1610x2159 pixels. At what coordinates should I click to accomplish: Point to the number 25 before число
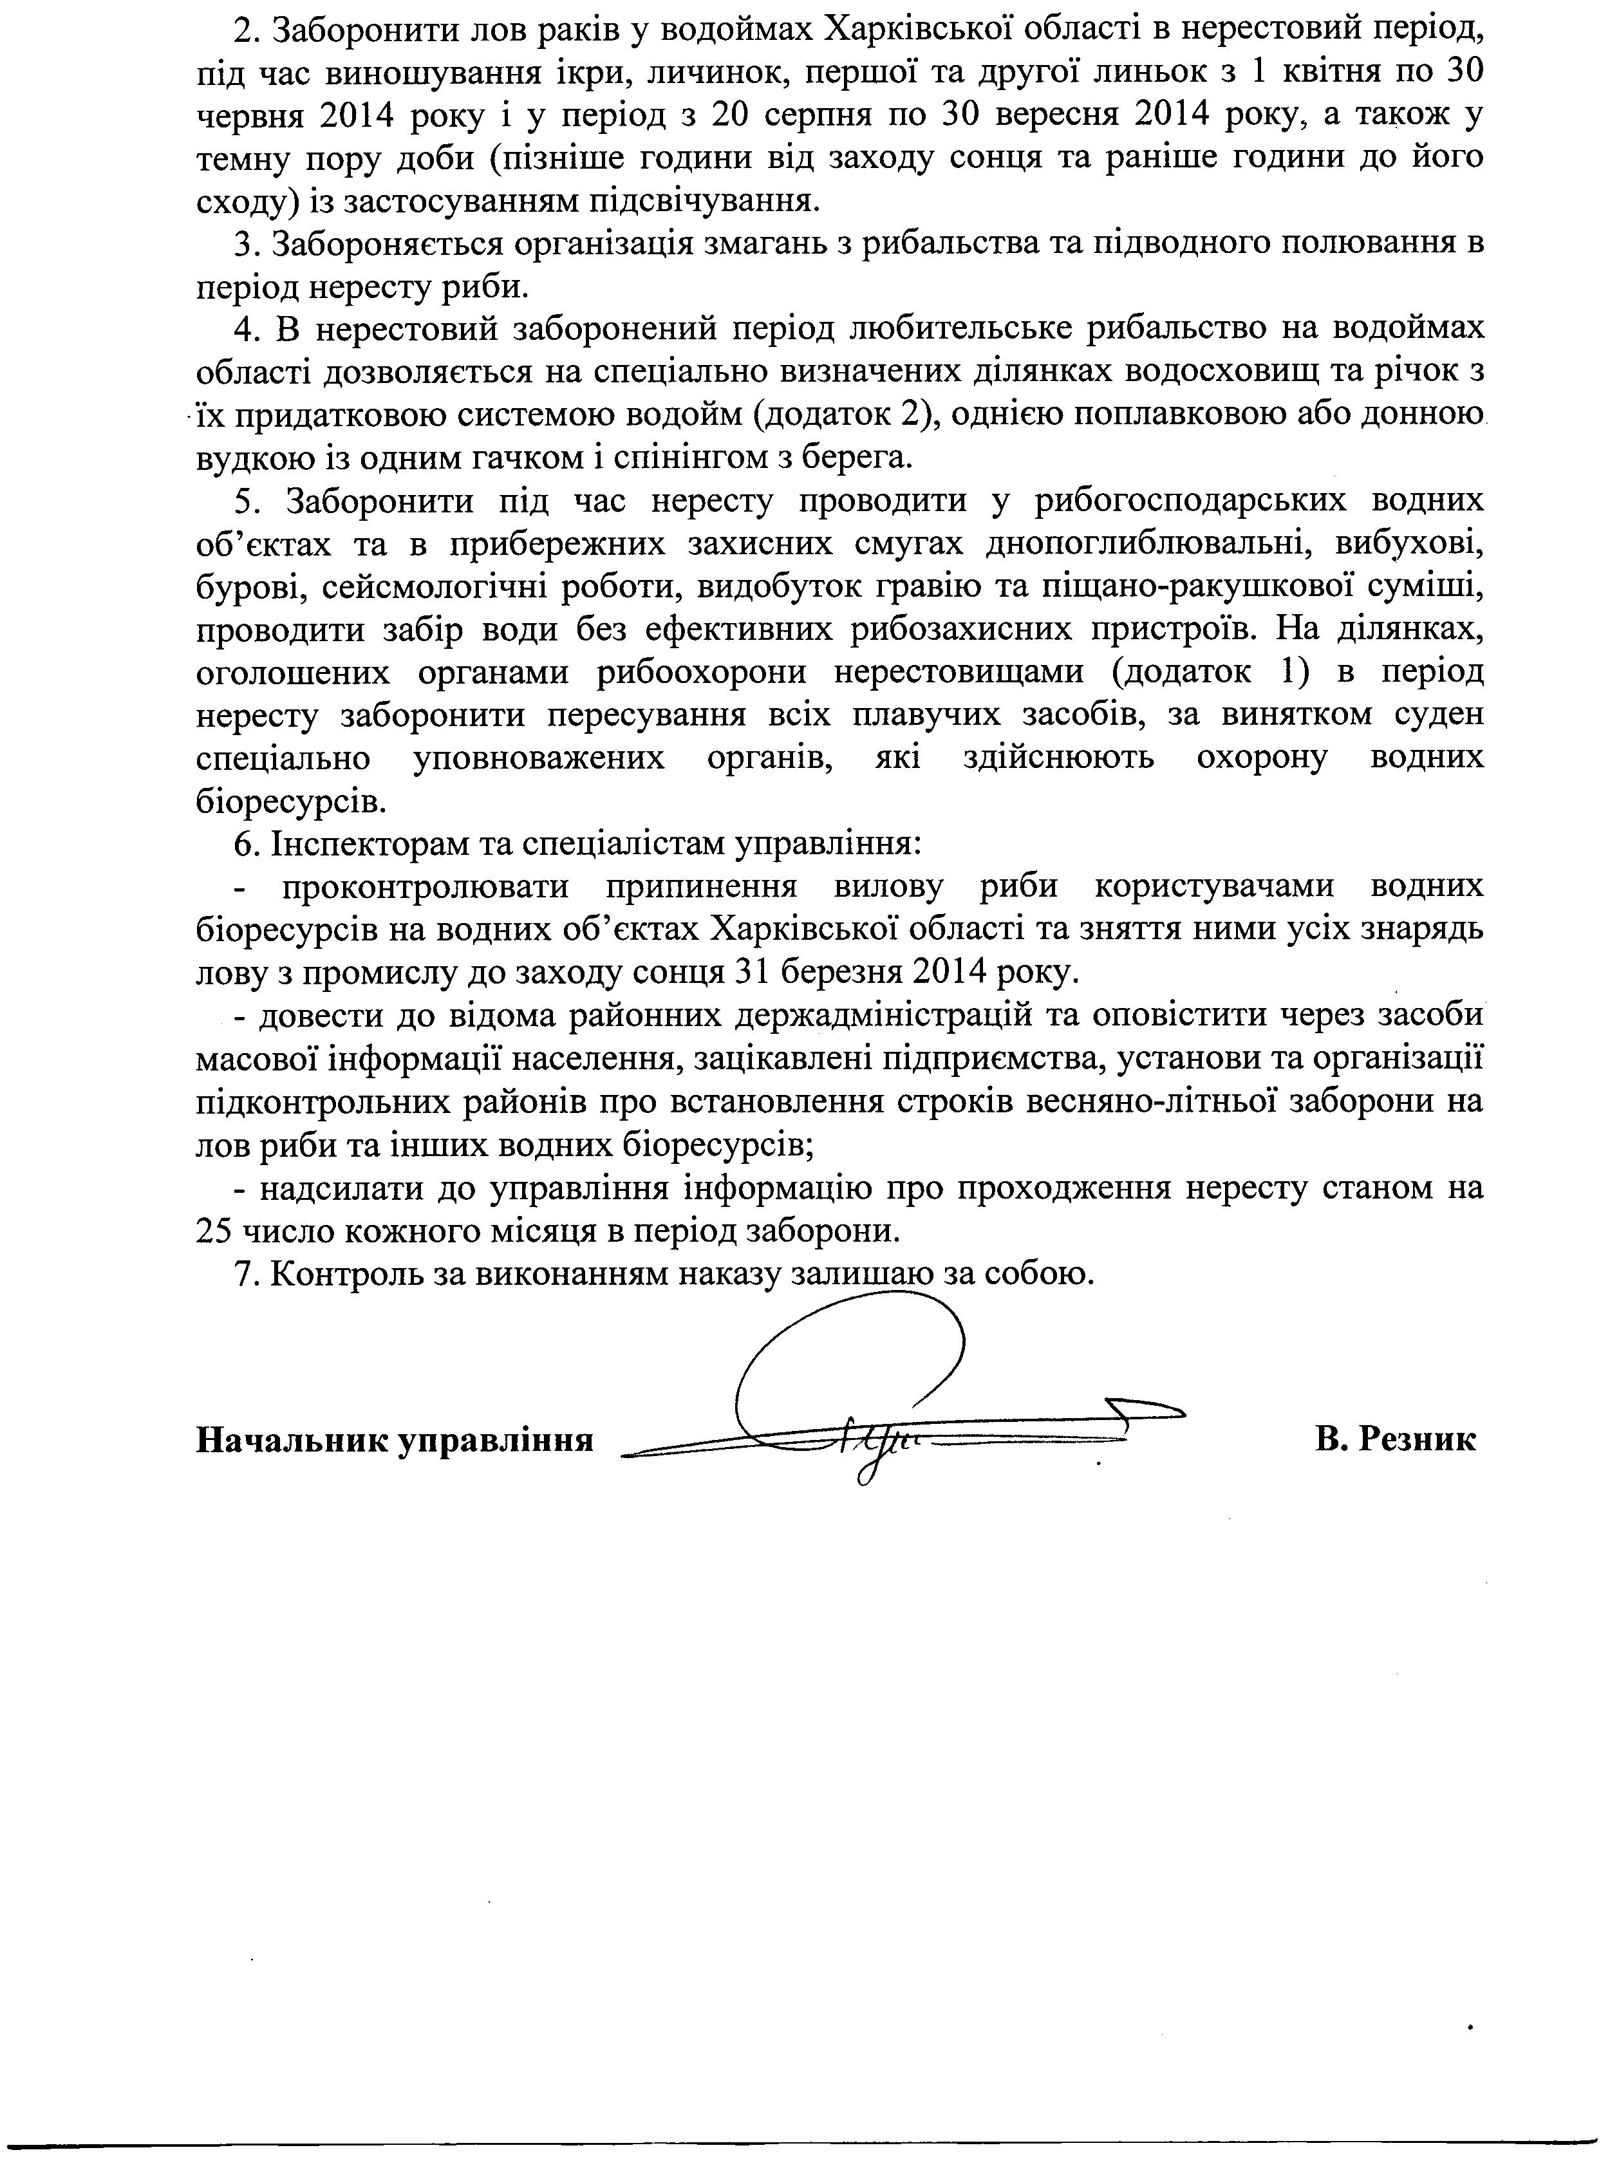pyautogui.click(x=216, y=1231)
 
